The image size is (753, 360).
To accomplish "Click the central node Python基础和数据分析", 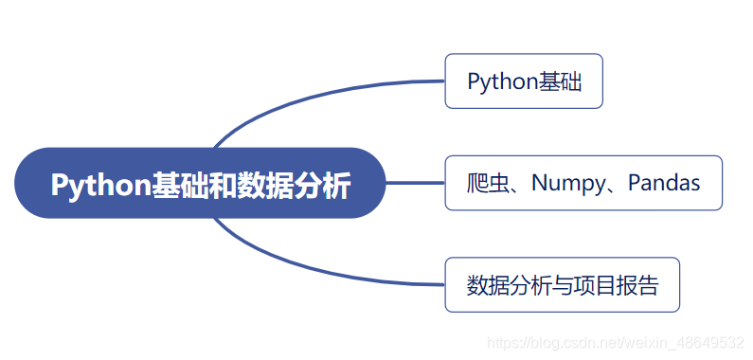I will click(200, 183).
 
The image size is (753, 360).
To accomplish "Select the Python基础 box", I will click(524, 81).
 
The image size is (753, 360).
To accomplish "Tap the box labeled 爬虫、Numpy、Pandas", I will click(583, 183).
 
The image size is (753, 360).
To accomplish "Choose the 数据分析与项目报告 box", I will click(562, 284).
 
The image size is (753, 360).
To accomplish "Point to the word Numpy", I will click(565, 183).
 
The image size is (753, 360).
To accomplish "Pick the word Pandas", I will click(664, 183).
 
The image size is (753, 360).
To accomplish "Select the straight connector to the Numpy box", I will click(415, 183).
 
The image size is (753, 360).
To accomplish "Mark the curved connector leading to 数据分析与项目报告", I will click(303, 270).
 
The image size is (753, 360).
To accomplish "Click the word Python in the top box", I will click(502, 81).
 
